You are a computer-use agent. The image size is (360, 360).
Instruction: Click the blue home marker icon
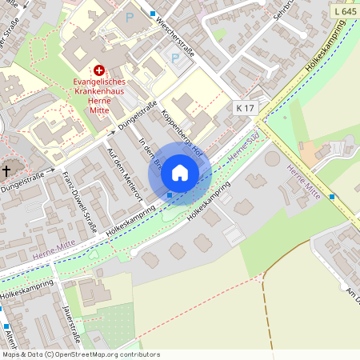pyautogui.click(x=180, y=172)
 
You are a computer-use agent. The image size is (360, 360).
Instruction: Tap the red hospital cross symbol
pyautogui.click(x=99, y=70)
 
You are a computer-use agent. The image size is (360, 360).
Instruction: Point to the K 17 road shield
pyautogui.click(x=245, y=106)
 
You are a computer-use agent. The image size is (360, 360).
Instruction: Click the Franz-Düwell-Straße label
pyautogui.click(x=81, y=205)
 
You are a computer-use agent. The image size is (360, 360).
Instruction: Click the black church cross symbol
pyautogui.click(x=6, y=170)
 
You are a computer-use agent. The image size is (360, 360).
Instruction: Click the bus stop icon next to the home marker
pyautogui.click(x=170, y=194)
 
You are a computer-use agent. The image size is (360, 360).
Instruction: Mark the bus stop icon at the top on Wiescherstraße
pyautogui.click(x=153, y=14)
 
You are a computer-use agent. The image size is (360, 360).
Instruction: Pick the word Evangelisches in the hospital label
pyautogui.click(x=100, y=81)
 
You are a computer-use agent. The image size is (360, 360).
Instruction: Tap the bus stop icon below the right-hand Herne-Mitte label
pyautogui.click(x=332, y=196)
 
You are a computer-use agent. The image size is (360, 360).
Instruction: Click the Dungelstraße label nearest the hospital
pyautogui.click(x=134, y=120)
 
